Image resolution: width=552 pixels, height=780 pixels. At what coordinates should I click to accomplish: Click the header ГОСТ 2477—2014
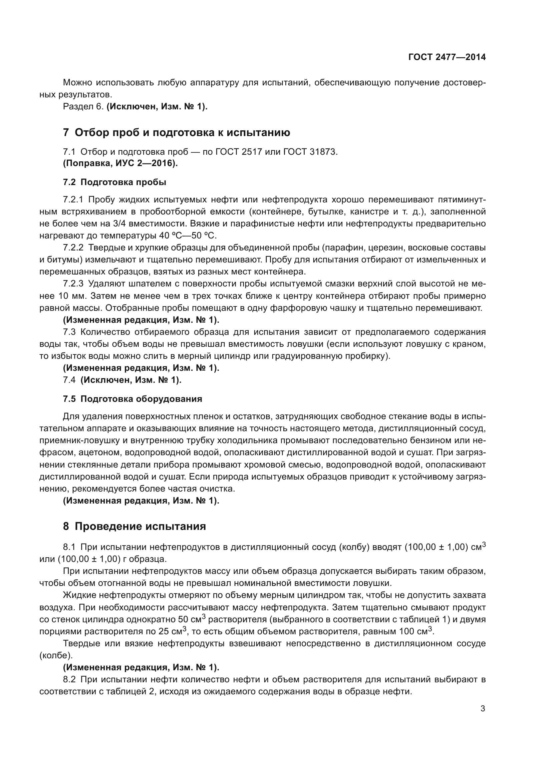[x=447, y=57]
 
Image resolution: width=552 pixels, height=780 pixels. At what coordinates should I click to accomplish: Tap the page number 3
[x=483, y=708]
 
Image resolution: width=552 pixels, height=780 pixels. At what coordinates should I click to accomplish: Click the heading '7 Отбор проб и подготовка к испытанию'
[x=177, y=132]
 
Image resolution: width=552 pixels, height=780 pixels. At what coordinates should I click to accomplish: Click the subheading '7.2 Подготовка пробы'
[x=114, y=182]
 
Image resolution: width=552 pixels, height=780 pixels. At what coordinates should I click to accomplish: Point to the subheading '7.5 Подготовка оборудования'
[x=132, y=399]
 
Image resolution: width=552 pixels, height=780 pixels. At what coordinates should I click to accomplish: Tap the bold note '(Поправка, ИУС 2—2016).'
[x=120, y=163]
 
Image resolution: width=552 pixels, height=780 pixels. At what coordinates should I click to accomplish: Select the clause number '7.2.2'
[x=73, y=248]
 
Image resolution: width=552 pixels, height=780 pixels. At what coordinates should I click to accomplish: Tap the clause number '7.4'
[x=69, y=380]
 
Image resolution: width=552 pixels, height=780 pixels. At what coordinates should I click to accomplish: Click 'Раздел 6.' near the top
[x=83, y=107]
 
